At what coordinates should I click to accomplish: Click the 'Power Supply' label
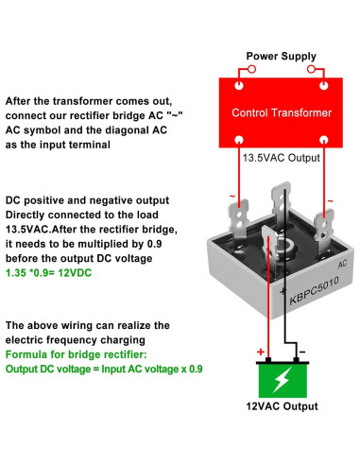tap(283, 56)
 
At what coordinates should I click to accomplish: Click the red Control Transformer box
tap(283, 112)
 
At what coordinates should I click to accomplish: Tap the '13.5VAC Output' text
tap(283, 158)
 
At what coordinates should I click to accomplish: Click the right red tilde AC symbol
tap(330, 201)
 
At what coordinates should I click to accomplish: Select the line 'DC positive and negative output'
tap(88, 200)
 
